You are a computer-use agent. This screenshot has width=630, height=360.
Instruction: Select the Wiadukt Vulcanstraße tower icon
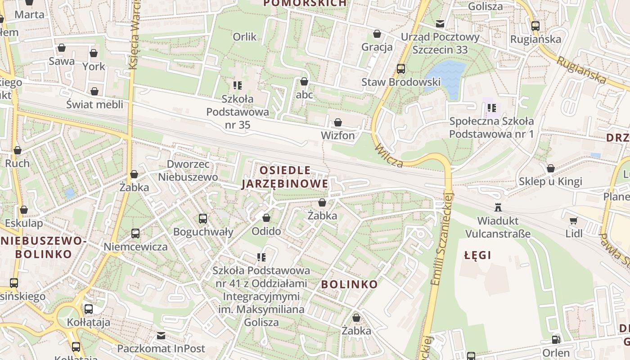point(498,207)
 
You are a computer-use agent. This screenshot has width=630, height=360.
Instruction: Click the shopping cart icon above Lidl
point(573,220)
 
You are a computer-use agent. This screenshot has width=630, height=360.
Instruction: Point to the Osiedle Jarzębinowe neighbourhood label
point(285,177)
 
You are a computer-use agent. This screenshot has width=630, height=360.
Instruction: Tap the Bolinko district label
point(349,284)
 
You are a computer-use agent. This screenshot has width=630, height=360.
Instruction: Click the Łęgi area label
point(477,256)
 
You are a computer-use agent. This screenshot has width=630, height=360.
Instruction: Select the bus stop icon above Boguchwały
point(203,219)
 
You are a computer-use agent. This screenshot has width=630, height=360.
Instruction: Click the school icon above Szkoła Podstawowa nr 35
point(238,85)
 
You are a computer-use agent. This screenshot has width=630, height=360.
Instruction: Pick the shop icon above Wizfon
point(337,122)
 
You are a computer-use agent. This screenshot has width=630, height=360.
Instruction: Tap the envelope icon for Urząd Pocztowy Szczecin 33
point(440,24)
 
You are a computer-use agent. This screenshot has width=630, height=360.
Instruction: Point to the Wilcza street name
point(388,156)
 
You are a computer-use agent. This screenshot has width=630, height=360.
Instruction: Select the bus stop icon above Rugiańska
point(535,26)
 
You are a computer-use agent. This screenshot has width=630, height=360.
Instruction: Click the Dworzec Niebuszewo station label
point(188,171)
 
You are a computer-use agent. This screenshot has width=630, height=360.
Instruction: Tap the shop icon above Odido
point(266,218)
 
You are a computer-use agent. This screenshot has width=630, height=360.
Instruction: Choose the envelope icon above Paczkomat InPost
point(161,336)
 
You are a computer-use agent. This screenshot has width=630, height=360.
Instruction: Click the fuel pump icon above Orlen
point(556,340)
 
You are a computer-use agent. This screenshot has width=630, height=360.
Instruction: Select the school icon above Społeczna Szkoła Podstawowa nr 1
point(491,108)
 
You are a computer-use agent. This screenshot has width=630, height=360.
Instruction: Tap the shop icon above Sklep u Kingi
point(550,168)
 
